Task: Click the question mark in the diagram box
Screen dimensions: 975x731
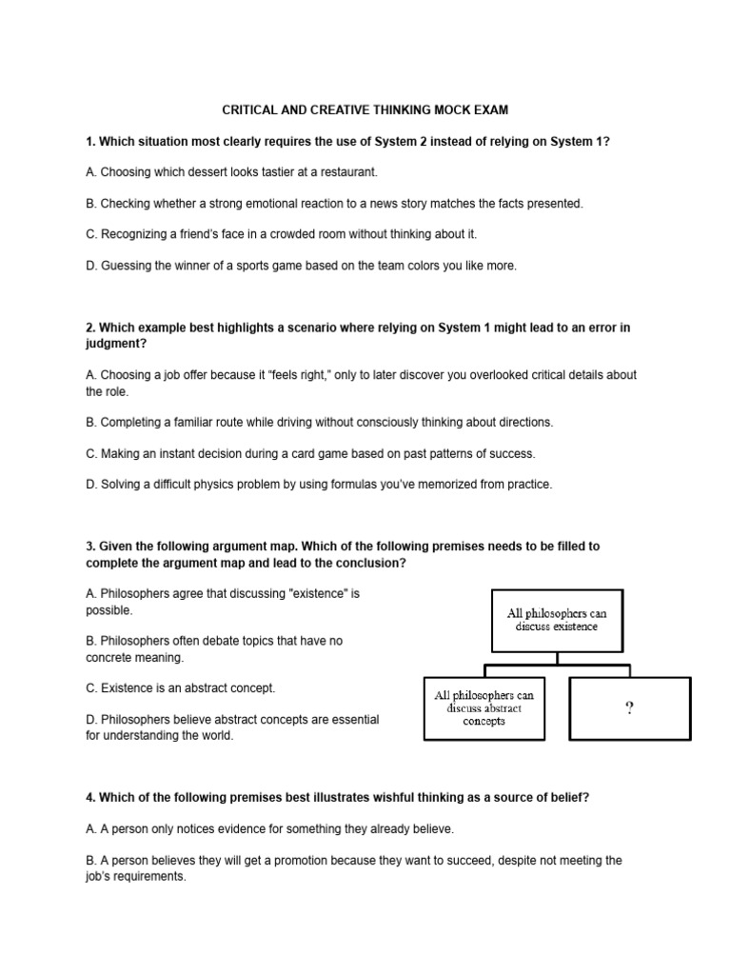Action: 629,707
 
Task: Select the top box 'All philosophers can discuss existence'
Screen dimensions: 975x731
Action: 557,620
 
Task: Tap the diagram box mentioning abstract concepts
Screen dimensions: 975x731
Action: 484,707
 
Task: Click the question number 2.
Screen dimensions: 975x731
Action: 89,328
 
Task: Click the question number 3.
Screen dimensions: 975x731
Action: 89,547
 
